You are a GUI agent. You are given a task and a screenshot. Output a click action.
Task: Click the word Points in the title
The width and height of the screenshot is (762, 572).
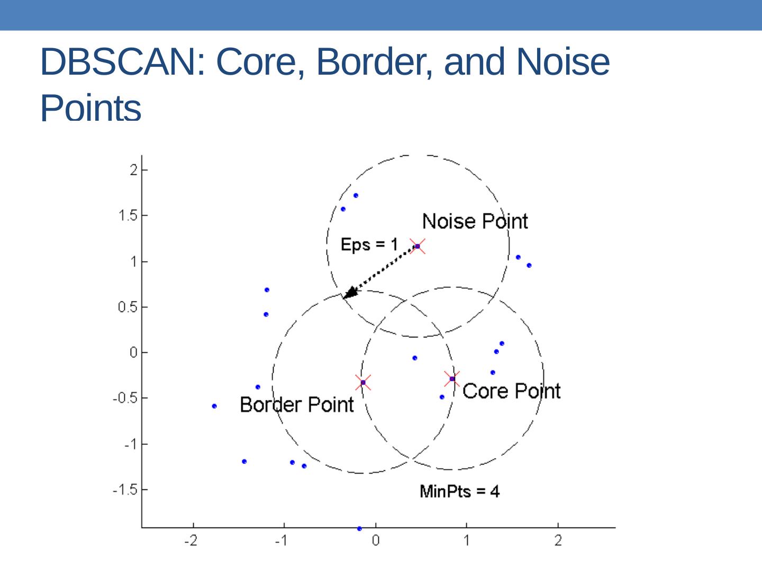90,108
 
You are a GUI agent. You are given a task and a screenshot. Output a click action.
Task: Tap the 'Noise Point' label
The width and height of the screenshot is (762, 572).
475,221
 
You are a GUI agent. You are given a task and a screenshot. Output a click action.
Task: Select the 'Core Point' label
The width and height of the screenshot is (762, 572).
511,391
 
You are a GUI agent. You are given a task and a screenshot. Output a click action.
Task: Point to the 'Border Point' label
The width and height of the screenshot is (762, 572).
296,405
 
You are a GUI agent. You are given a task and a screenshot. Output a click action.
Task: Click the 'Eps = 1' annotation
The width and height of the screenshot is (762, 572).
369,244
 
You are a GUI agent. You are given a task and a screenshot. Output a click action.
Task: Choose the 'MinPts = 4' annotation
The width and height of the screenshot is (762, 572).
459,491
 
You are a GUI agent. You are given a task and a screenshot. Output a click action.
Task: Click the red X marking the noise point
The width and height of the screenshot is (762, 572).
418,246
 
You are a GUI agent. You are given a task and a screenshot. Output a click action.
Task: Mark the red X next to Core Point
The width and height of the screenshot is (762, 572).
452,379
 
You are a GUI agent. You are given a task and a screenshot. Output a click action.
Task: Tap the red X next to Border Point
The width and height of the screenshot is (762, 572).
363,382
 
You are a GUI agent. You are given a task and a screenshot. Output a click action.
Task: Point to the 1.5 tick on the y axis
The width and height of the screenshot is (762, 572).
128,216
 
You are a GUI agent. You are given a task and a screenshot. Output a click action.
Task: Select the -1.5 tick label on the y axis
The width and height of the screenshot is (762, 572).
125,490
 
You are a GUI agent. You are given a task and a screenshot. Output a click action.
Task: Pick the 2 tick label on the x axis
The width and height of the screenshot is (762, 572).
558,541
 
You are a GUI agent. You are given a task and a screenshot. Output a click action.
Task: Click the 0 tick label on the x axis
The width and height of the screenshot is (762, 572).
376,541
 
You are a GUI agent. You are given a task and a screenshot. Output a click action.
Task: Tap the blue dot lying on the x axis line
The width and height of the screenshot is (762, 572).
359,529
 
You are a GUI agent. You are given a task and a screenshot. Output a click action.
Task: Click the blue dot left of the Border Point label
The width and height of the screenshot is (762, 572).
214,406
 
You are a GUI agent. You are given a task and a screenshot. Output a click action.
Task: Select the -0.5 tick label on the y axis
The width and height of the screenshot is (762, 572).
125,398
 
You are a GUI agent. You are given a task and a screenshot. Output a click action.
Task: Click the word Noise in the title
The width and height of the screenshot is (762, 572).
563,62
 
